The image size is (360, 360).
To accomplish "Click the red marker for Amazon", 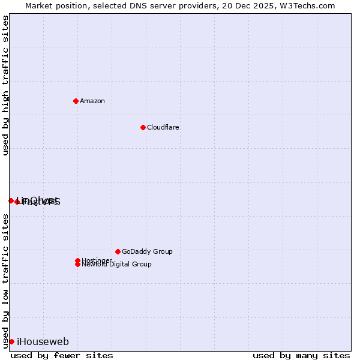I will (76, 101).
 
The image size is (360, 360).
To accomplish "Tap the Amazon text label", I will (92, 101).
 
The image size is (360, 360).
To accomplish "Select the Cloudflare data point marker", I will (143, 127).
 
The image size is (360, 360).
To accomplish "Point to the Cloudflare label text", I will (163, 127).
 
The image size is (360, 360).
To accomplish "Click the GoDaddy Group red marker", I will (118, 251).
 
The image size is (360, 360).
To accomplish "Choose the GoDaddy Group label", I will (147, 251).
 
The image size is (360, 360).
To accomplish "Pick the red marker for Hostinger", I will (77, 260).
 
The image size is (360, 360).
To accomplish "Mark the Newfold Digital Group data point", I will (77, 264).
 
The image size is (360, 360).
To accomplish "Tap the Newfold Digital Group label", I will (117, 265).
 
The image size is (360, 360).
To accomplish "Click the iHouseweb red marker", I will (11, 341).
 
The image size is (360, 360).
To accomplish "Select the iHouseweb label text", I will (43, 341).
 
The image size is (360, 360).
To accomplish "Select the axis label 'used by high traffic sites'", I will (5, 86).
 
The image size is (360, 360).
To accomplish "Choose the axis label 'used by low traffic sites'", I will (5, 280).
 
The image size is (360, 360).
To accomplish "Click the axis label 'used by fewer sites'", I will (62, 355).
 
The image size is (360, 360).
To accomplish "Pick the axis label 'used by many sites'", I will (301, 355).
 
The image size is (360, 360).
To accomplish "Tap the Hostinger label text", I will (96, 260).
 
